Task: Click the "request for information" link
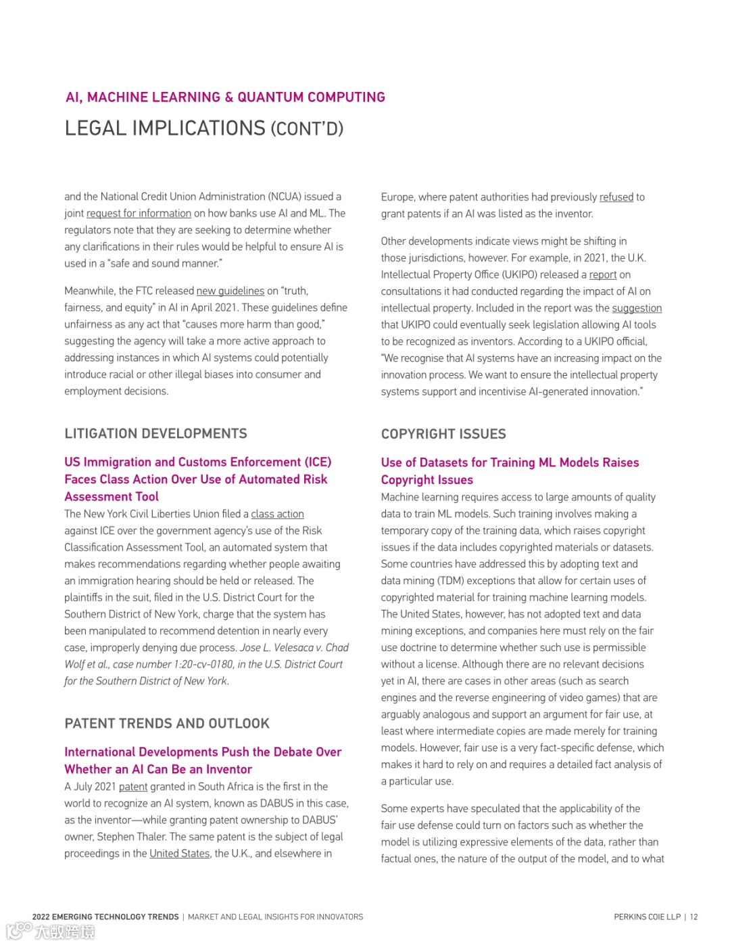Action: [x=139, y=214]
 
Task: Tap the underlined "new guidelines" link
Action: [x=230, y=291]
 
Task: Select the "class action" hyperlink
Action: [x=277, y=514]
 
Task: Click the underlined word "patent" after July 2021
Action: [x=133, y=787]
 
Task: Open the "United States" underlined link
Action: [x=180, y=854]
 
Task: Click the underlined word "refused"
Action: [x=616, y=197]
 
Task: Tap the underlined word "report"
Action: [x=603, y=275]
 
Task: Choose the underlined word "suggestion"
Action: [x=637, y=308]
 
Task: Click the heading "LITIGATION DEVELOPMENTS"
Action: [x=155, y=434]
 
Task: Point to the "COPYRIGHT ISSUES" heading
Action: [x=443, y=434]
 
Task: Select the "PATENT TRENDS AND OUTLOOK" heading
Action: [x=167, y=724]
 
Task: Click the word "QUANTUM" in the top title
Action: [x=270, y=97]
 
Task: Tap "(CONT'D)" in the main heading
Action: [x=307, y=129]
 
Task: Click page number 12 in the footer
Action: [x=693, y=917]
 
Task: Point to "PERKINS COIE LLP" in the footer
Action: [x=647, y=917]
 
